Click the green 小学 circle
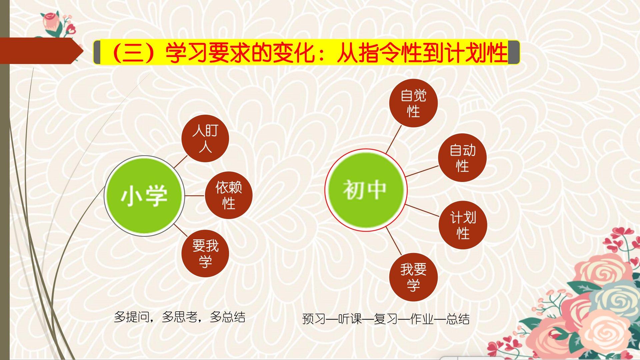(x=145, y=196)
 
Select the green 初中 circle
(x=366, y=190)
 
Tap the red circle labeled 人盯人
(x=205, y=138)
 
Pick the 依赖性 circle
(x=228, y=195)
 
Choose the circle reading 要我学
(x=205, y=253)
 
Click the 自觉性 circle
(x=413, y=103)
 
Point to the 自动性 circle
(x=462, y=158)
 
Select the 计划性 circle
(x=463, y=225)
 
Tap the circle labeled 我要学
(x=413, y=277)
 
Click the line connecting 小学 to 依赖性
(x=195, y=196)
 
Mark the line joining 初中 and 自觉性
(x=393, y=140)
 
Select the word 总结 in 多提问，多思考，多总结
(x=234, y=317)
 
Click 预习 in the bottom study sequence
(x=314, y=319)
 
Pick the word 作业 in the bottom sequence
(x=422, y=319)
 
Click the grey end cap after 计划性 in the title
(x=513, y=52)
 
